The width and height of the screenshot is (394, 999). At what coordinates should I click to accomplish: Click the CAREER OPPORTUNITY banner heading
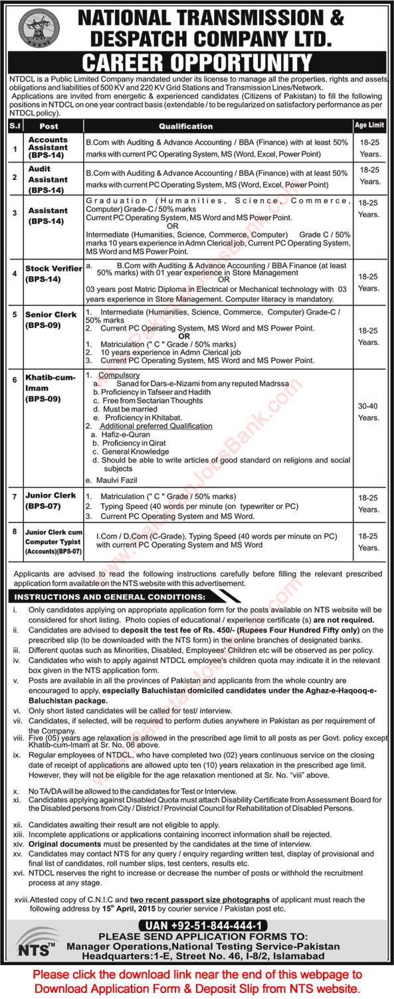tap(197, 64)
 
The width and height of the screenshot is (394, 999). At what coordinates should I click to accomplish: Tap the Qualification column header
tap(185, 126)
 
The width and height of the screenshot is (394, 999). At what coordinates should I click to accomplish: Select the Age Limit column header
tap(369, 125)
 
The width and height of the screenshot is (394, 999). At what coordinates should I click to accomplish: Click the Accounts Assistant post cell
tap(48, 147)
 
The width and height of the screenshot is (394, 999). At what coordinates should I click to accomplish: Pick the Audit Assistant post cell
tap(48, 179)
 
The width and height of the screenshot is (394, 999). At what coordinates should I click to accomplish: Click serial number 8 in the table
tap(14, 532)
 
